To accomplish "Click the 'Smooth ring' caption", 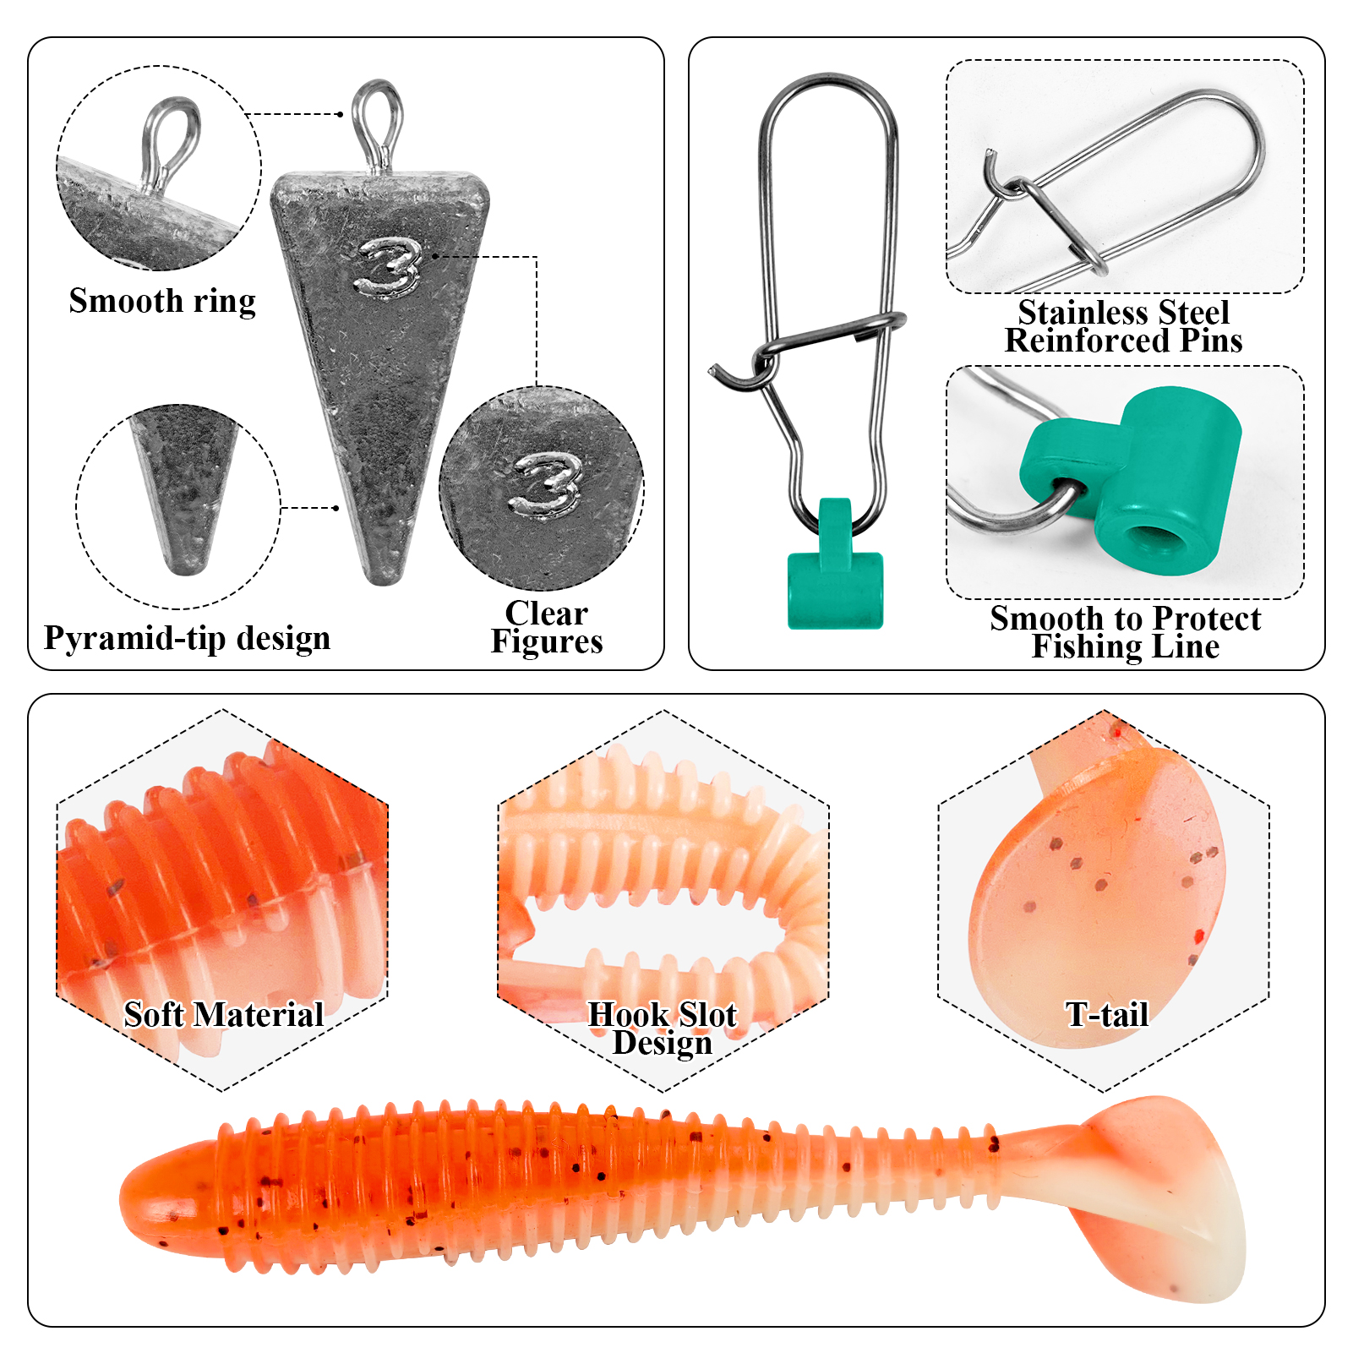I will pyautogui.click(x=162, y=301).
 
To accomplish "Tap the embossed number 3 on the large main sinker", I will pyautogui.click(x=388, y=267).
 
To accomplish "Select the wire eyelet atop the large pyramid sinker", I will pyautogui.click(x=377, y=123).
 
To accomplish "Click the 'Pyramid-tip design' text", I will pyautogui.click(x=187, y=638).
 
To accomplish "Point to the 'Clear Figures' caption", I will pyautogui.click(x=547, y=627).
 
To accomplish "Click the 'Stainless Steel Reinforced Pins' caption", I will pyautogui.click(x=1123, y=326).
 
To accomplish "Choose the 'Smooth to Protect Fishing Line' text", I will pyautogui.click(x=1125, y=632).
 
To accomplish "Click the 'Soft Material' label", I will pyautogui.click(x=224, y=1014).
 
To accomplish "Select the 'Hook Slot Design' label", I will pyautogui.click(x=663, y=1028).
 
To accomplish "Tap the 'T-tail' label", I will pyautogui.click(x=1107, y=1014).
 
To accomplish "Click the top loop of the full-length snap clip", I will pyautogui.click(x=828, y=93).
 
